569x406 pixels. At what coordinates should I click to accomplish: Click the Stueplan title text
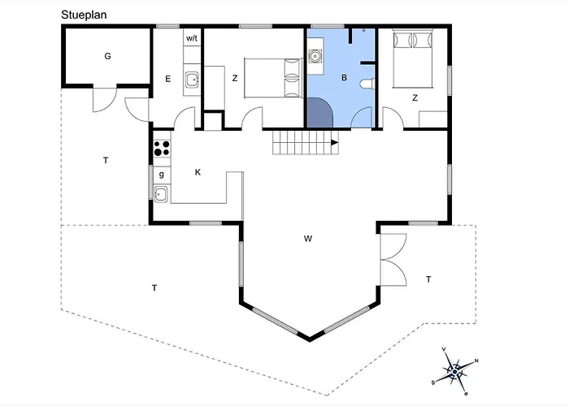[84, 15]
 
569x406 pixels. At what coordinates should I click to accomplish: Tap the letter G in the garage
[107, 56]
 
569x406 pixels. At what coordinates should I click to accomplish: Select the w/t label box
[192, 37]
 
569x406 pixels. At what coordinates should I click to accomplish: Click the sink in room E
[192, 80]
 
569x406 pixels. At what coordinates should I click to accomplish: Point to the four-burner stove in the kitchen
[162, 149]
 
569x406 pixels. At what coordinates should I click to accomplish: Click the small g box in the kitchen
[162, 175]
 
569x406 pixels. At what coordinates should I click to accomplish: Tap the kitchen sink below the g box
[161, 194]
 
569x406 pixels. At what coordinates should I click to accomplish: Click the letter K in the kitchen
[198, 172]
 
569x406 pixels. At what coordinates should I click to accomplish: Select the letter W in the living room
[308, 239]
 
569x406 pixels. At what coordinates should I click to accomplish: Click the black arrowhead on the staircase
[335, 142]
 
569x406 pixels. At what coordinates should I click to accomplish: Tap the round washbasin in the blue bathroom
[315, 57]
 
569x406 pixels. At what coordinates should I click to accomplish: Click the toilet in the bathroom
[367, 84]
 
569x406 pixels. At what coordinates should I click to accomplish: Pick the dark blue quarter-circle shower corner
[319, 113]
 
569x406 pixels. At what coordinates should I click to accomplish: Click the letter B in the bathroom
[344, 78]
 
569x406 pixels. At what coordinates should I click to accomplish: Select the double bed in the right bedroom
[413, 60]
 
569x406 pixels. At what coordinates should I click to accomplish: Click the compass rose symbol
[455, 371]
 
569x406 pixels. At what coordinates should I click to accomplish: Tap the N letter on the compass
[476, 361]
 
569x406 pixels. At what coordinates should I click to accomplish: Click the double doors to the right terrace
[393, 260]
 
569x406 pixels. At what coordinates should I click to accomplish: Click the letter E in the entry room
[167, 79]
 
